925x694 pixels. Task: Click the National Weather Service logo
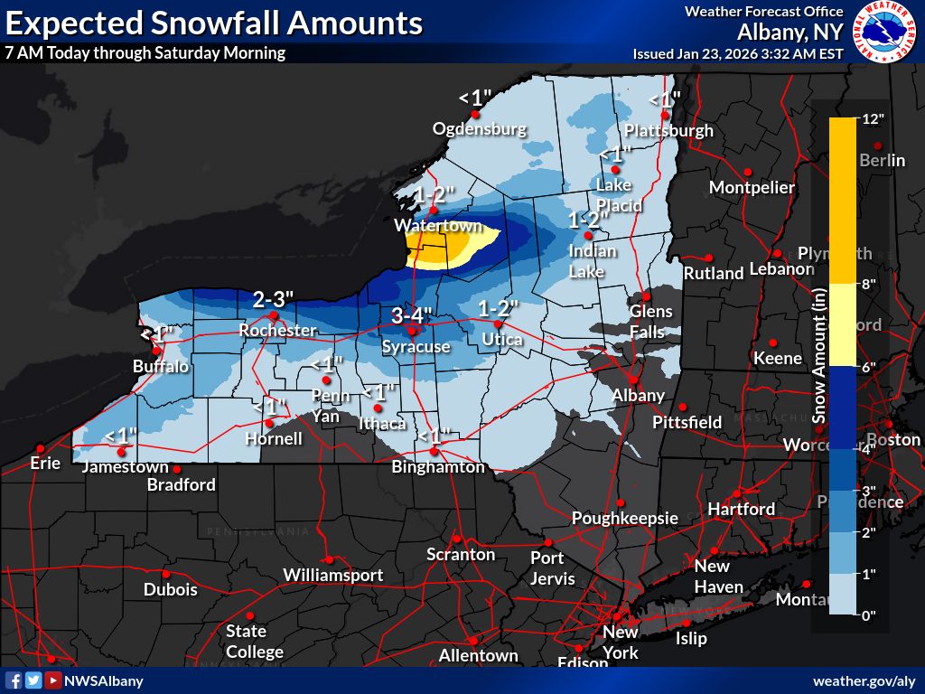coord(886,31)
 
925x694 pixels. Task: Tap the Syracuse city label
coord(416,347)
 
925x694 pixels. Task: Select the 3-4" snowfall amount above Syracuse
coord(412,316)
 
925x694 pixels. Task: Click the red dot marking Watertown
coord(434,210)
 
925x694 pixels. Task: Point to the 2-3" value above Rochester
coord(273,299)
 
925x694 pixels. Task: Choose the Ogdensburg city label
coord(479,129)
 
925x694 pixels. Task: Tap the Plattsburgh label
coord(669,130)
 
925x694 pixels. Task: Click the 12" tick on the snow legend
coord(873,119)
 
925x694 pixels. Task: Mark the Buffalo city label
coord(161,367)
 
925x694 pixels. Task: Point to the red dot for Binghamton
coord(434,451)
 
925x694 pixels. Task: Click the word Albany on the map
coord(638,396)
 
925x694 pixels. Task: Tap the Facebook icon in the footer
coord(14,680)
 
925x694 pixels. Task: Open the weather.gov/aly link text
coord(864,680)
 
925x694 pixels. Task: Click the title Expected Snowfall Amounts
coord(213,23)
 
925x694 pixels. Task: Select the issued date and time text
coord(738,53)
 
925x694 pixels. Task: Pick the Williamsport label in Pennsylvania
coord(332,576)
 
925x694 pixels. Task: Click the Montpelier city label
coord(752,188)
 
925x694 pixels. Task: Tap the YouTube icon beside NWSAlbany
coord(53,680)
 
